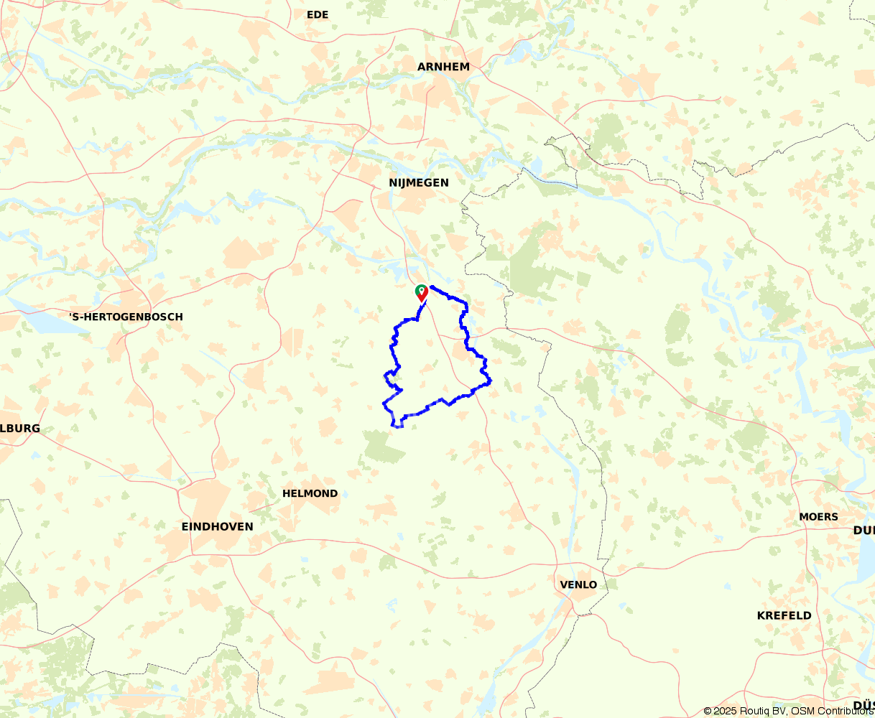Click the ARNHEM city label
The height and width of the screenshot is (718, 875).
tap(443, 67)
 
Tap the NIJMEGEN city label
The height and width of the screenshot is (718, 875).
tap(418, 182)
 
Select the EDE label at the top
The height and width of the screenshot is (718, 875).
tap(317, 14)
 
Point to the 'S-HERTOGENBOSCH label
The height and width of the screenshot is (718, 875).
tap(126, 317)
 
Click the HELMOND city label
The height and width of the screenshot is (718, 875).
tap(310, 493)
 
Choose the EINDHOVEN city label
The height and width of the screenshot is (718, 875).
tap(217, 526)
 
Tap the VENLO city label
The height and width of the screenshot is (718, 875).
tap(578, 584)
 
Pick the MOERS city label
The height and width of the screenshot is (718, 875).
tap(818, 516)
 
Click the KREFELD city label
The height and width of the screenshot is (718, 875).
tap(784, 615)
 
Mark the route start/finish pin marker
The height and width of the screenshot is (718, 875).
tap(422, 292)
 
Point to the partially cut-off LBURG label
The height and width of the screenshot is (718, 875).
tap(20, 428)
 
